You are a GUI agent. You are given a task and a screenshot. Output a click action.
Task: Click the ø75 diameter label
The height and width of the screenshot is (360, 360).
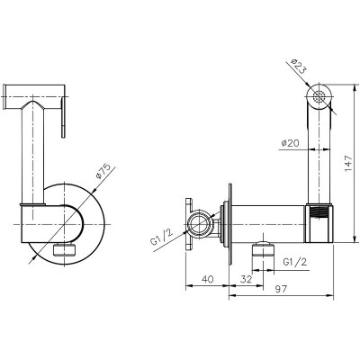103,171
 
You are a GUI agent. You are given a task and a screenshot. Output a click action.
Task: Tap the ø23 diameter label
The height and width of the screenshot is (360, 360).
298,67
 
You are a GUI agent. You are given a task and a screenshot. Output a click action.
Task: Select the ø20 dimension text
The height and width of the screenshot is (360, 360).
291,143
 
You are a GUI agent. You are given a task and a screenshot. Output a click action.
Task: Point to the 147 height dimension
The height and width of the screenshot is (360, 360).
348,164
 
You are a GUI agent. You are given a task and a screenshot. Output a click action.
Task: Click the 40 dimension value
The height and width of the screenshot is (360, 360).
208,279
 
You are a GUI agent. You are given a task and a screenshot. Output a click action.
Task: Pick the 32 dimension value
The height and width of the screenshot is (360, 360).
246,279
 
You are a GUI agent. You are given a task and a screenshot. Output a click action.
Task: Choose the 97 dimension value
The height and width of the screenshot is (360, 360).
281,289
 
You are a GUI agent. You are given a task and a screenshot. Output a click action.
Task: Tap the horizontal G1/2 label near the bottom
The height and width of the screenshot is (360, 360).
295,262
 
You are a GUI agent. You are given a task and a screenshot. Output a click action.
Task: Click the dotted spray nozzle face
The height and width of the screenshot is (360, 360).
319,97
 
